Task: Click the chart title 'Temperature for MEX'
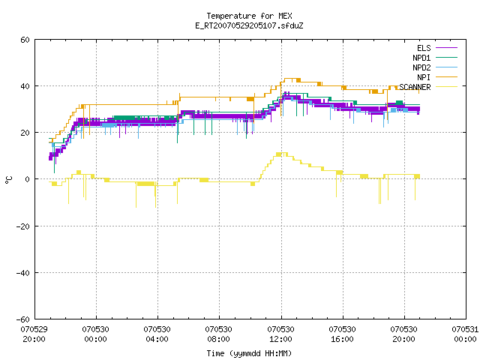249,16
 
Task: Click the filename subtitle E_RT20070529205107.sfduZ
249,25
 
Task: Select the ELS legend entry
437,48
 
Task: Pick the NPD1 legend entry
435,58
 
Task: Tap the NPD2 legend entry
435,67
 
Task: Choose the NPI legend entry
437,77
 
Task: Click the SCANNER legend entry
428,87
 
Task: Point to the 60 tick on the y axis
25,40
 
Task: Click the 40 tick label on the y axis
25,86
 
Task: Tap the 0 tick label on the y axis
28,179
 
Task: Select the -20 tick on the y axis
23,226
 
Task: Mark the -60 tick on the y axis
23,319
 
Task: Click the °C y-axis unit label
9,180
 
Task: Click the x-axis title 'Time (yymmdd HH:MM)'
249,353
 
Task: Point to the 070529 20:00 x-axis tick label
34,334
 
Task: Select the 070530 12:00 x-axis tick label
280,334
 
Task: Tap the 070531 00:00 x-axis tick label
465,334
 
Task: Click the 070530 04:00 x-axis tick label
157,334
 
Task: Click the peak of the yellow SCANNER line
282,153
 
